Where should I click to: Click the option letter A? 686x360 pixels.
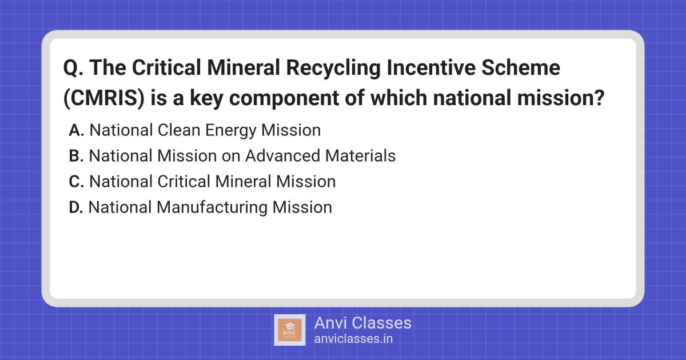[76, 130]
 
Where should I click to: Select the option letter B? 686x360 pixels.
[76, 156]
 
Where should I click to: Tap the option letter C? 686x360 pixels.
[76, 182]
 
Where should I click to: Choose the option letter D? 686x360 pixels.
[75, 207]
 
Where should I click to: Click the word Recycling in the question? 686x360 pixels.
[333, 69]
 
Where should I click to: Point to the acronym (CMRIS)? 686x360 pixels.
[104, 98]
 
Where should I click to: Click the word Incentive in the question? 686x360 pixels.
[430, 67]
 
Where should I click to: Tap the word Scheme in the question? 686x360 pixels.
[521, 67]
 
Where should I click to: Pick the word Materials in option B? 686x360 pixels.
[361, 156]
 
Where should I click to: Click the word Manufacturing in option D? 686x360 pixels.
[212, 208]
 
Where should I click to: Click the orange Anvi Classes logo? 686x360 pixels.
[290, 330]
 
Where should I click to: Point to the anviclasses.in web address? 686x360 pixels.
[353, 339]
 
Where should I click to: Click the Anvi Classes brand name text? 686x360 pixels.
[362, 323]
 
